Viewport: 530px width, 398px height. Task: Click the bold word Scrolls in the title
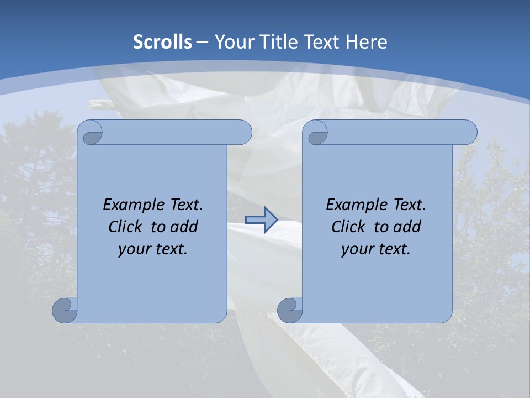point(163,42)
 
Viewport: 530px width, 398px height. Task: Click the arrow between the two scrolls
point(261,219)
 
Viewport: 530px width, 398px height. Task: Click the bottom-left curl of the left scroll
point(65,310)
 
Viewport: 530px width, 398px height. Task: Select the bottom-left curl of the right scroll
point(290,310)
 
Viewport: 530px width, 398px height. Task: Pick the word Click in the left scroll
point(126,227)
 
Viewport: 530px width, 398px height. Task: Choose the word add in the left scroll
point(184,227)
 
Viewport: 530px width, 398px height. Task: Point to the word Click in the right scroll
point(348,227)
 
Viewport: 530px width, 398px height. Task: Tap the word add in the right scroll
point(407,227)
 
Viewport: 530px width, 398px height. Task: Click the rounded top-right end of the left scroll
point(243,132)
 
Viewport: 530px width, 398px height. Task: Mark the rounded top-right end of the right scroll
point(468,132)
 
